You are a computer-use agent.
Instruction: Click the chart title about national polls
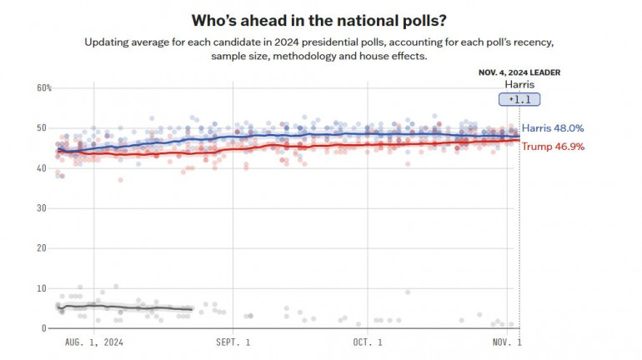pos(322,19)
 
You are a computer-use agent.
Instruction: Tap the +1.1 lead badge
pos(519,99)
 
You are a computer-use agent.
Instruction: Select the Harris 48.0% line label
pos(553,128)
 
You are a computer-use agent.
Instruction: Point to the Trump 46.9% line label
pos(553,146)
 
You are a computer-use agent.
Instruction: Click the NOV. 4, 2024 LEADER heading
pos(519,72)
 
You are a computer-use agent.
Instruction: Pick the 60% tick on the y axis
pos(44,88)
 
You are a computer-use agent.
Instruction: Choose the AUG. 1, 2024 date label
pos(95,342)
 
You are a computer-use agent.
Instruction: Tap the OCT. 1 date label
pos(368,342)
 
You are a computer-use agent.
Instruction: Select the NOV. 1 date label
pos(506,342)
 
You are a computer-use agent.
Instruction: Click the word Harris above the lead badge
pos(519,84)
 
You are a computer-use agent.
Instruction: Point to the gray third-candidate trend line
pos(125,307)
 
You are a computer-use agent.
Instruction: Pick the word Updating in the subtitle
pos(107,41)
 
